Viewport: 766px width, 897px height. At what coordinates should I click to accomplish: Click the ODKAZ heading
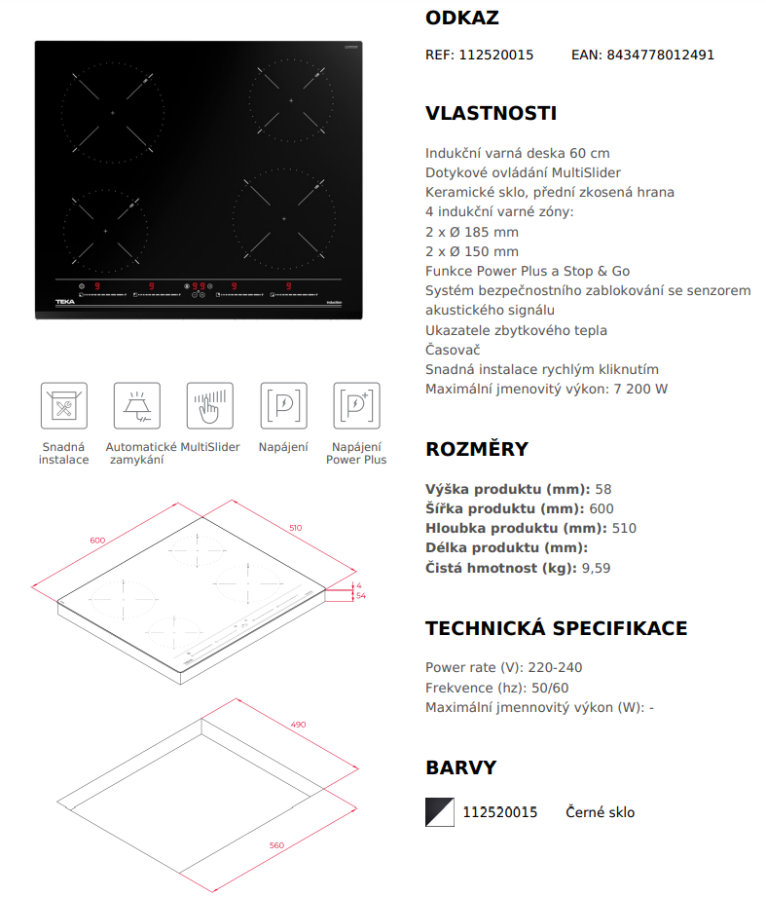(x=462, y=19)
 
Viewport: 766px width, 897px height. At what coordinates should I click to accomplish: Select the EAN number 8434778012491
(x=660, y=55)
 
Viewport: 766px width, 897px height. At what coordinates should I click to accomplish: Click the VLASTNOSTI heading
(x=491, y=113)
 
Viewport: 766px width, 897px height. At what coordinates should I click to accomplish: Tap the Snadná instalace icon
(x=63, y=405)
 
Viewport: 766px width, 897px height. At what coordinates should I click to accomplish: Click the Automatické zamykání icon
(x=137, y=405)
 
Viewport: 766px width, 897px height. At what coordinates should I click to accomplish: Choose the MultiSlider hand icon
(x=210, y=405)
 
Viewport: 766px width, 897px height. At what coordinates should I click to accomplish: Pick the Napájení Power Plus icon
(x=356, y=405)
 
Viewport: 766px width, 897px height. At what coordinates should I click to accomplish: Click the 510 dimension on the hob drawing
(x=295, y=528)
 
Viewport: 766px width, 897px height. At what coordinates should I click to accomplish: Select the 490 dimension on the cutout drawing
(x=298, y=724)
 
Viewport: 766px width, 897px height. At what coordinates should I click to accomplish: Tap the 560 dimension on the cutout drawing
(x=276, y=844)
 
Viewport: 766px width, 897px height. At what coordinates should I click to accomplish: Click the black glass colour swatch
(x=440, y=811)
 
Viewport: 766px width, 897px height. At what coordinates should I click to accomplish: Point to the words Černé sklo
(x=601, y=812)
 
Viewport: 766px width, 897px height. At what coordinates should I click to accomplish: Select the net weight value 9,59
(x=595, y=568)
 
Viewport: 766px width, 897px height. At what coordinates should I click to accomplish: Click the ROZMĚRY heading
(x=477, y=449)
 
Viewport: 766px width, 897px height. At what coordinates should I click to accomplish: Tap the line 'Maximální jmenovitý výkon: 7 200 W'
(x=546, y=390)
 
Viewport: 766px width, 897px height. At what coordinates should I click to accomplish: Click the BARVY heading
(x=461, y=767)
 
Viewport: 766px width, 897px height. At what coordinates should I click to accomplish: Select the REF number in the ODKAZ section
(x=495, y=55)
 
